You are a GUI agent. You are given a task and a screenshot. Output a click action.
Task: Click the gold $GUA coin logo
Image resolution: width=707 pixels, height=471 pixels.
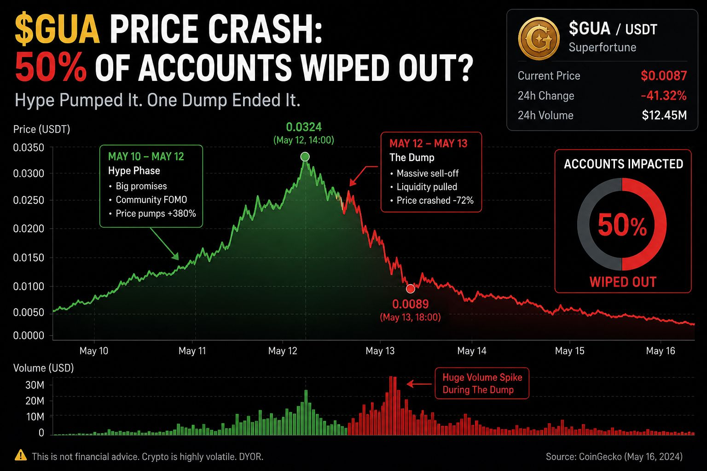click(539, 39)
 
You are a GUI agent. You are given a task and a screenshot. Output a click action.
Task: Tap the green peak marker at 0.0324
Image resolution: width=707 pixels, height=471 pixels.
click(305, 156)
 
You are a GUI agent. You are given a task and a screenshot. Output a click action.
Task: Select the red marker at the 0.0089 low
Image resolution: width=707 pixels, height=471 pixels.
click(410, 288)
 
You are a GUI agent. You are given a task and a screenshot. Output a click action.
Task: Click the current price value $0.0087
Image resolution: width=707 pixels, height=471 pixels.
click(664, 76)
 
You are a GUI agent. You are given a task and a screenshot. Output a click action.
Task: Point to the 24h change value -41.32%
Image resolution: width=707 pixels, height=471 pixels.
click(664, 96)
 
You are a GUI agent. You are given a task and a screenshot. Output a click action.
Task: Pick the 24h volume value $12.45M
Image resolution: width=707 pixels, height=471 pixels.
click(664, 115)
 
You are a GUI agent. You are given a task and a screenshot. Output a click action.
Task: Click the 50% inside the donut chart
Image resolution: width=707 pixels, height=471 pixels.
click(622, 224)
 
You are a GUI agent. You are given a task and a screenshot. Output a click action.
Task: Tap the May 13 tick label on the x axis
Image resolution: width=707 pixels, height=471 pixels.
click(380, 351)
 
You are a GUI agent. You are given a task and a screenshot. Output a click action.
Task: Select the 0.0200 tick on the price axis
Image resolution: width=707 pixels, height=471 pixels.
click(29, 229)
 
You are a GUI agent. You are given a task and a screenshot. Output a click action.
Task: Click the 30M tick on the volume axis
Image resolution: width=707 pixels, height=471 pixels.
click(35, 385)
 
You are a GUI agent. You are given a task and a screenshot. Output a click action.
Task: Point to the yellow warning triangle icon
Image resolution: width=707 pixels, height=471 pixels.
click(21, 455)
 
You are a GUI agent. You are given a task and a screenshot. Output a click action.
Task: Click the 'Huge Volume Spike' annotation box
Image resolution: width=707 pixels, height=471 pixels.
click(482, 383)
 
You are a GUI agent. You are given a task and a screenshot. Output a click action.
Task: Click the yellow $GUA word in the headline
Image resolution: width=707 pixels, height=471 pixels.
click(58, 29)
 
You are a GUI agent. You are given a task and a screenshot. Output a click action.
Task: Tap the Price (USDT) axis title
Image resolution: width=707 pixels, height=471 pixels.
click(42, 129)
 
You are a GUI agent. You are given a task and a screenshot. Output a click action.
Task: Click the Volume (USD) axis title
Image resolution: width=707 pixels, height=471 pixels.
click(44, 368)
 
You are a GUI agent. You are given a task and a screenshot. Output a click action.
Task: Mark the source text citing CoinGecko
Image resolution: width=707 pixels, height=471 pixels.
click(614, 456)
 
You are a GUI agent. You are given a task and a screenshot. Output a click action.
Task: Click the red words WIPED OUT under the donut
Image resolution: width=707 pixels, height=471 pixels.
click(623, 281)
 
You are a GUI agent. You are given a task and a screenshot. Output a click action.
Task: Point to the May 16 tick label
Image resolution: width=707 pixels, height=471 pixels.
click(661, 351)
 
